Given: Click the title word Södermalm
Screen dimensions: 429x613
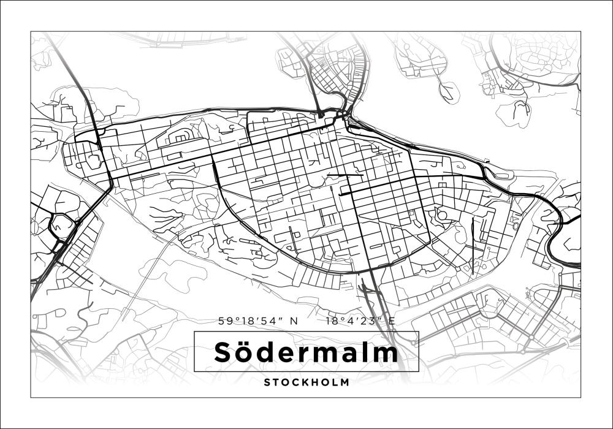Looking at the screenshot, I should pos(306,352).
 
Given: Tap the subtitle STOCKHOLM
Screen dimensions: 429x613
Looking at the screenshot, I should pos(306,382).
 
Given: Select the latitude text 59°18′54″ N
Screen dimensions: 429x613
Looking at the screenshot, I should pos(257,321).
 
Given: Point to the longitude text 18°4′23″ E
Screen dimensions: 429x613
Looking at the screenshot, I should pos(360,321).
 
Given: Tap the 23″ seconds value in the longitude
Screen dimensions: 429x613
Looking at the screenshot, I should pos(375,321).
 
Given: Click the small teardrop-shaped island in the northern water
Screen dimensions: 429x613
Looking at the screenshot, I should pos(449,91).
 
